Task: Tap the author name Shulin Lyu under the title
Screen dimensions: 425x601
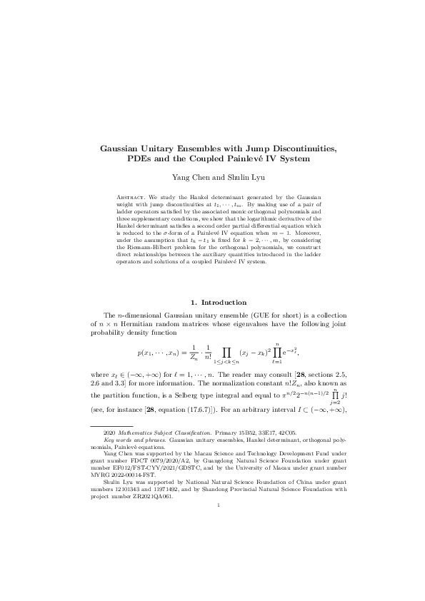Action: pyautogui.click(x=236, y=176)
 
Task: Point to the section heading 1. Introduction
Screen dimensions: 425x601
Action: pyautogui.click(x=212, y=303)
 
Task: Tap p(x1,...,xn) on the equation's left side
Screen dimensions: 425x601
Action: pyautogui.click(x=161, y=353)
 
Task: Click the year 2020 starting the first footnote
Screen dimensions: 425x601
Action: pyautogui.click(x=109, y=453)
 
